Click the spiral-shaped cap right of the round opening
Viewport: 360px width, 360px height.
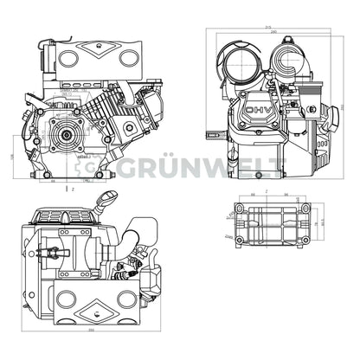288,60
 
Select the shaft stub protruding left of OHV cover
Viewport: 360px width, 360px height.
213,134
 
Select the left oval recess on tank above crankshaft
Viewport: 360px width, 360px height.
67,59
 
